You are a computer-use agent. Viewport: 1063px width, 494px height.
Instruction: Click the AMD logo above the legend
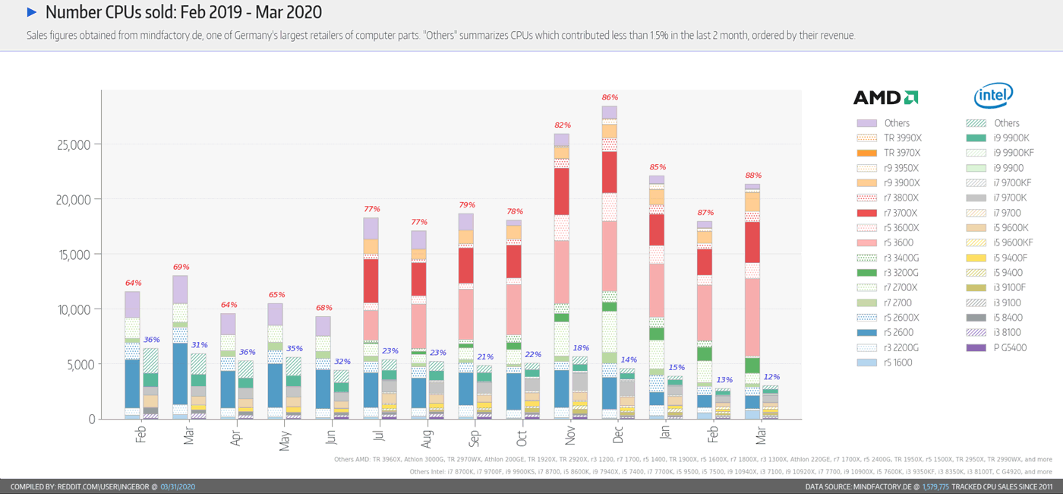coord(885,97)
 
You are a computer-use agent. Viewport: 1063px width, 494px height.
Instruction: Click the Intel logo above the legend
coord(993,96)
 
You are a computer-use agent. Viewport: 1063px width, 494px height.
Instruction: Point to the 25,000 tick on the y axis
coord(74,144)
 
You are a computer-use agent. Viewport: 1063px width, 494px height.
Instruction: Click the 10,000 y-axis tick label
coord(74,309)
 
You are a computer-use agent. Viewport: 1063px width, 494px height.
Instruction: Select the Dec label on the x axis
coord(618,435)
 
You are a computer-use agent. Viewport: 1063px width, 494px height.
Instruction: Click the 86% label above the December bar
coord(609,97)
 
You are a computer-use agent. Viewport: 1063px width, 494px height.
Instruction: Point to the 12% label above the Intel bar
coord(772,377)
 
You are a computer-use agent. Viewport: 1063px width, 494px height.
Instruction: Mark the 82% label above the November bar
coord(562,125)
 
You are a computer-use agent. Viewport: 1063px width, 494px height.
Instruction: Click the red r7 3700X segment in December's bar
coord(609,172)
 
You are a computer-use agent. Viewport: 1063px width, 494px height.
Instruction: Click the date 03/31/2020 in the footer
coord(178,486)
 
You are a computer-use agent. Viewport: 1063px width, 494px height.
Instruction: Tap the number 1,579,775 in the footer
coord(935,486)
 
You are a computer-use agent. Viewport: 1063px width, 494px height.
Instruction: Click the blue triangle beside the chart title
coord(32,12)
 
